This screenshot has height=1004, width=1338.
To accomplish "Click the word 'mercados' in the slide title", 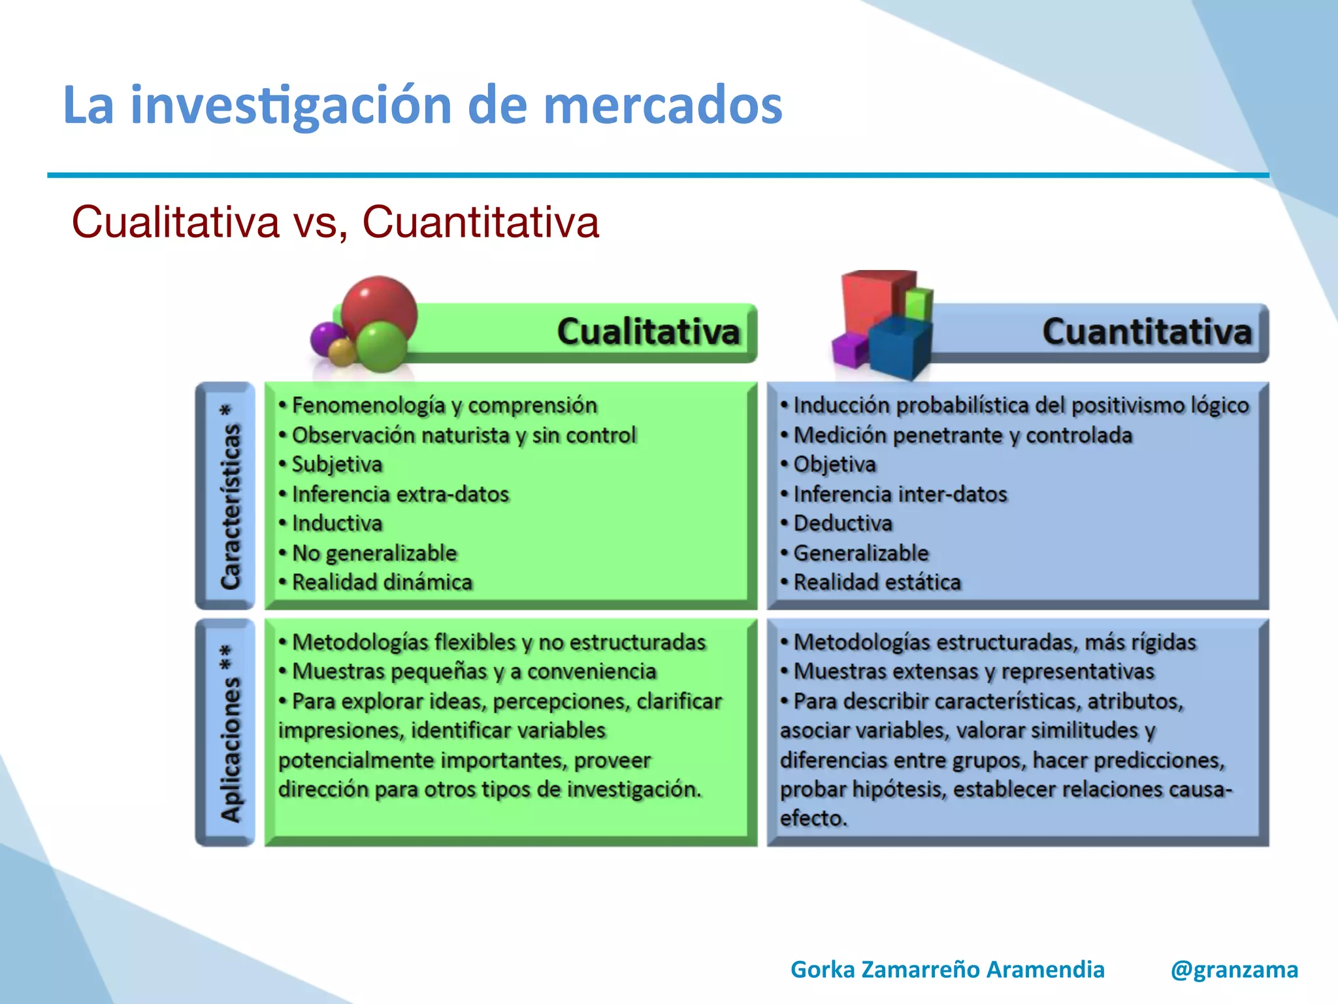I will [x=662, y=106].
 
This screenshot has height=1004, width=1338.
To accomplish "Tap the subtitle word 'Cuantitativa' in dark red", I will [x=480, y=222].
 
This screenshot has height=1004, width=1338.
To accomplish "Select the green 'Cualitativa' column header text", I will [x=648, y=331].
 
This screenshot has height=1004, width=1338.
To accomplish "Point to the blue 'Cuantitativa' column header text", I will [x=1147, y=331].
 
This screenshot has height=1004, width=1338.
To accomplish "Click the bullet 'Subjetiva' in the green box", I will [x=336, y=464].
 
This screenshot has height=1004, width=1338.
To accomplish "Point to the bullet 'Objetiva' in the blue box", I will [x=834, y=464].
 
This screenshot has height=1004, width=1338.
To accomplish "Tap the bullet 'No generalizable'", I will [x=374, y=553].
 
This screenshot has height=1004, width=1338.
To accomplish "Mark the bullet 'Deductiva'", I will [x=843, y=524].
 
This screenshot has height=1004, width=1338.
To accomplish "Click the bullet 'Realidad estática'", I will [x=877, y=582].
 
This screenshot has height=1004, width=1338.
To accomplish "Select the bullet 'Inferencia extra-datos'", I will [x=400, y=494].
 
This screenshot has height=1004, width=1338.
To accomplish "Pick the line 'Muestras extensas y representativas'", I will [x=973, y=671].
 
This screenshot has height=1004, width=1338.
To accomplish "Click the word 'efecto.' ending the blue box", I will [x=813, y=818].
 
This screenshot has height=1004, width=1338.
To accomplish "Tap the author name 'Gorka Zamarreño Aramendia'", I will [x=947, y=969].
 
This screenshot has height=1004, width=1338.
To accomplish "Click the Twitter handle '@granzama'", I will [x=1234, y=969].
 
